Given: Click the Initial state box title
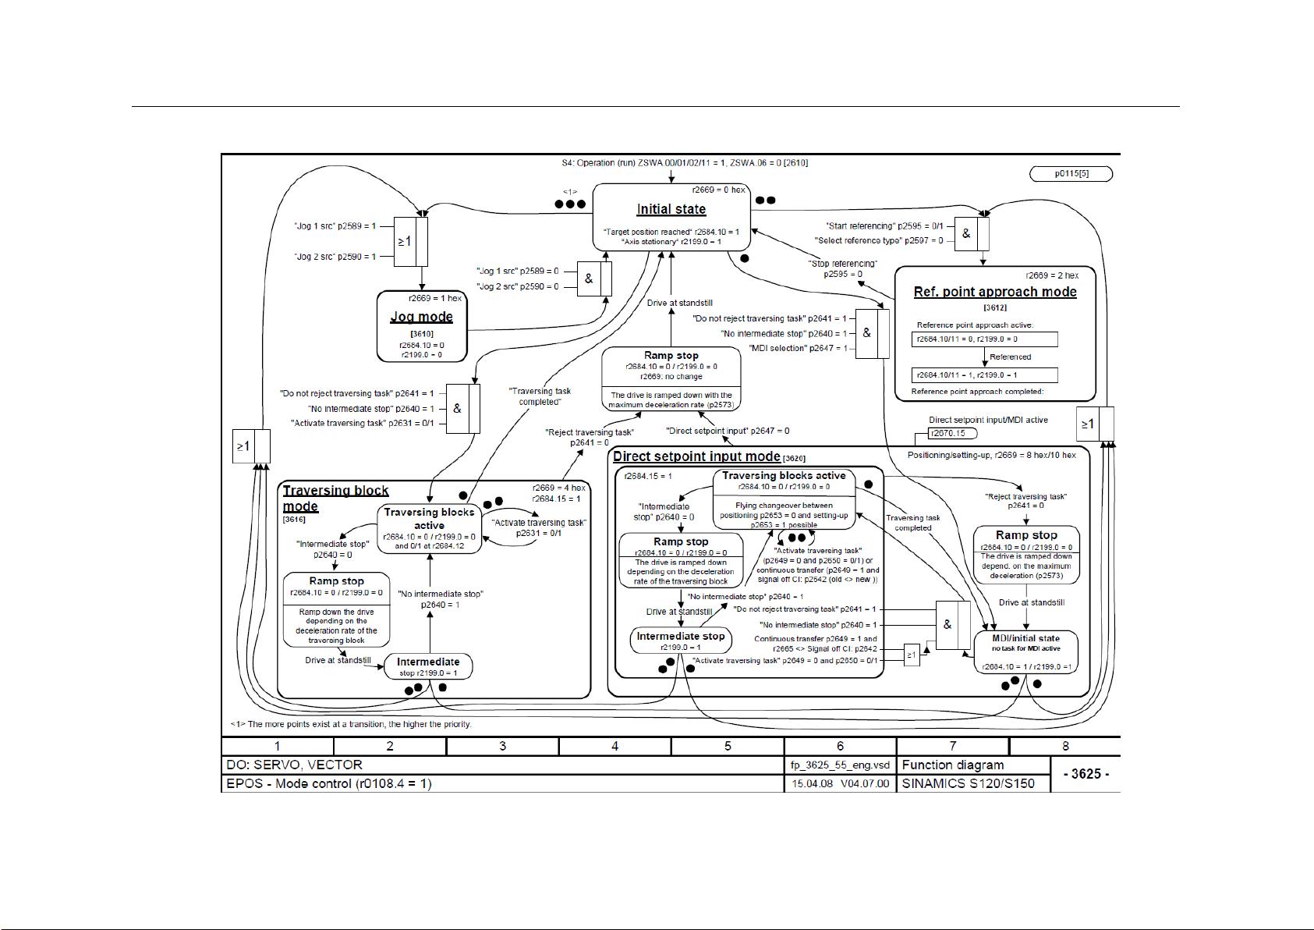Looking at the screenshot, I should [x=671, y=209].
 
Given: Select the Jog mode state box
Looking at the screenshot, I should [x=422, y=326].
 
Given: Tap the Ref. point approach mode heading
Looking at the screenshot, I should [x=995, y=292].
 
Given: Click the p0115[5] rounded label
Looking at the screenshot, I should [x=1071, y=174].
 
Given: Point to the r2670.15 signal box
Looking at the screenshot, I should [x=947, y=434].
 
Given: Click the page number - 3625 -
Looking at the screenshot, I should [x=1086, y=774].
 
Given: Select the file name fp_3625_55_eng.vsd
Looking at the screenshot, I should [x=839, y=765].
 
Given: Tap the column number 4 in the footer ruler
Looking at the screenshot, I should [x=614, y=747].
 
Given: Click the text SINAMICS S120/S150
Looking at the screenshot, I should [x=968, y=783].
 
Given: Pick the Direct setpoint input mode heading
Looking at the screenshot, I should [x=696, y=456].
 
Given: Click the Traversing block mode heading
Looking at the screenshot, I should [x=335, y=498].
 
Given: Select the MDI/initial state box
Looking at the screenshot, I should [x=1025, y=652].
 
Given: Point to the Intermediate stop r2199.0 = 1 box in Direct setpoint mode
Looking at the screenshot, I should [x=680, y=641].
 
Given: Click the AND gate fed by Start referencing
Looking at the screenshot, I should [x=972, y=233].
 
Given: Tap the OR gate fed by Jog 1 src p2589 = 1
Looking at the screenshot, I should [x=411, y=242].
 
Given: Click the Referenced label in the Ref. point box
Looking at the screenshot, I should [x=1010, y=357].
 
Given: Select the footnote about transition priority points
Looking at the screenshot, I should [x=351, y=724].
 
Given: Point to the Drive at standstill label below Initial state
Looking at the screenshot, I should [x=679, y=303].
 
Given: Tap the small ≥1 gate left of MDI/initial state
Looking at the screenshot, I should [x=912, y=655].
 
